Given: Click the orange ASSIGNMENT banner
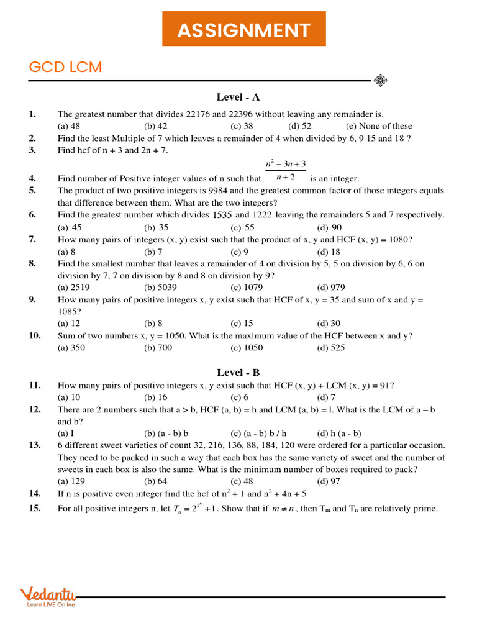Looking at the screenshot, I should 243,29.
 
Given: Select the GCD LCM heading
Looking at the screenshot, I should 65,67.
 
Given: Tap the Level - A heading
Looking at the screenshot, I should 238,97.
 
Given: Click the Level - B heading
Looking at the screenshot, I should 238,373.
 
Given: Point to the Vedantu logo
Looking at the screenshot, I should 48,596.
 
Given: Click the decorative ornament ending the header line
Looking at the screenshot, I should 380,80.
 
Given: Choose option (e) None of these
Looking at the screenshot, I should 379,126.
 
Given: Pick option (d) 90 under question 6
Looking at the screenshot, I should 329,227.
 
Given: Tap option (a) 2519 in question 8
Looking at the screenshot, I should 71,288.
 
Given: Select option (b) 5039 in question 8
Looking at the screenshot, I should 158,288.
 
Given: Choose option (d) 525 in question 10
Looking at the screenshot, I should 331,348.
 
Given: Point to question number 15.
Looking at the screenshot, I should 35,509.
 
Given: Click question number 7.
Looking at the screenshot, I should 32,240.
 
